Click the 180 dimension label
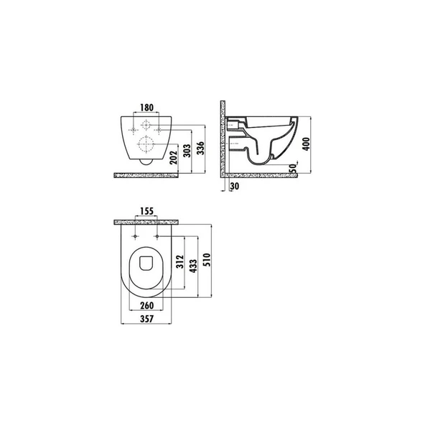pos(146,108)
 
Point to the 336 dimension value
pos(200,148)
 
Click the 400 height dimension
pos(306,144)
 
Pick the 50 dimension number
pos(293,168)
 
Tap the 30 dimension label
pos(235,186)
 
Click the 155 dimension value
pos(146,211)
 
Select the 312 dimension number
pos(179,261)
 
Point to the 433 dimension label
pos(193,266)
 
